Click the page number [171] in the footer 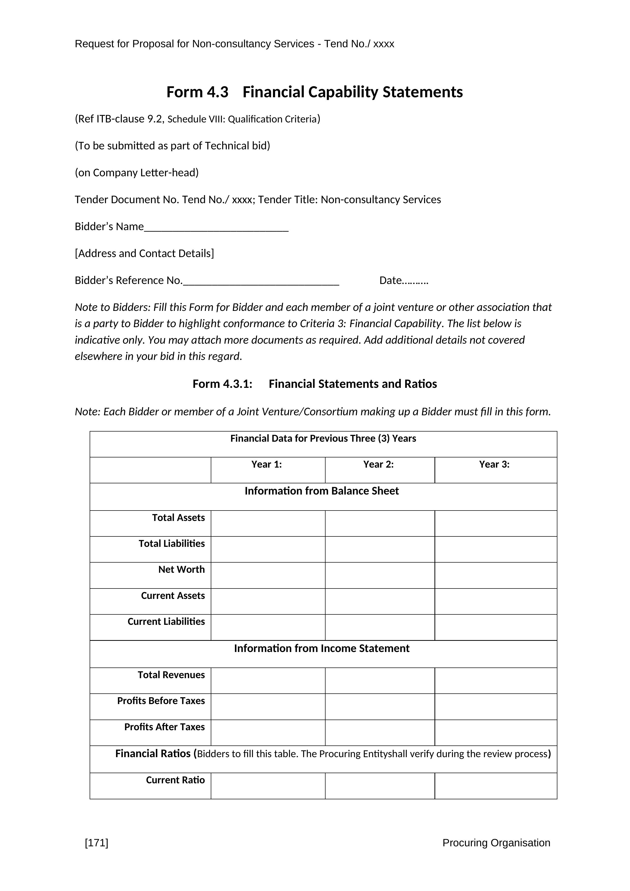(x=96, y=842)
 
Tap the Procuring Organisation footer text (x=496, y=842)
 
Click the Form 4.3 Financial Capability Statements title (x=315, y=92)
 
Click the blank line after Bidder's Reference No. (x=261, y=282)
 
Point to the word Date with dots (x=404, y=280)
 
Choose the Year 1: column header (x=267, y=465)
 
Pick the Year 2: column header (x=378, y=465)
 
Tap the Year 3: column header (x=494, y=465)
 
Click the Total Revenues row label (x=171, y=675)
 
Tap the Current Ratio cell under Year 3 (x=496, y=786)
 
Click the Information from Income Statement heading (x=321, y=648)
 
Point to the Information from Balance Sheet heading (x=321, y=491)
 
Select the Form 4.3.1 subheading (x=315, y=384)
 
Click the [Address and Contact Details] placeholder (x=144, y=253)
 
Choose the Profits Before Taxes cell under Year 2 (x=380, y=706)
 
